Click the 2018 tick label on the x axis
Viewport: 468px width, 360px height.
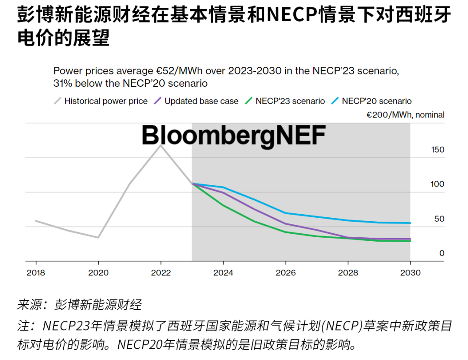(36, 273)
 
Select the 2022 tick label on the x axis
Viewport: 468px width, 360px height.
(161, 273)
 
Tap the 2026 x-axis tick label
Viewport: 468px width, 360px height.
(286, 273)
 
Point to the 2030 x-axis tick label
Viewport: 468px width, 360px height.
(410, 273)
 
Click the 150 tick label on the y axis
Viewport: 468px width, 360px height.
(437, 150)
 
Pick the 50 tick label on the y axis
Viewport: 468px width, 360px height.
(439, 219)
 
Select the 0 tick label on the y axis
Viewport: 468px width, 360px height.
(442, 253)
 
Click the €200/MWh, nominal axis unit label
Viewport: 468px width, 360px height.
(405, 115)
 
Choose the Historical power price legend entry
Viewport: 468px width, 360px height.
(106, 101)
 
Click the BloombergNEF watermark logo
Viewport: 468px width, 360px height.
(234, 135)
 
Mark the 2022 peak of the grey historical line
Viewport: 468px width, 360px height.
(161, 145)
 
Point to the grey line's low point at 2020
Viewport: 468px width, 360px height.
(98, 238)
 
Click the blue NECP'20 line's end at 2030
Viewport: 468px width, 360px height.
(410, 223)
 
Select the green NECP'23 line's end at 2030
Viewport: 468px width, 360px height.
(410, 241)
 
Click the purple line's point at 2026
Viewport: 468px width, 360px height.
(286, 224)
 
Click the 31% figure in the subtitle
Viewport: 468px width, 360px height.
(62, 83)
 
